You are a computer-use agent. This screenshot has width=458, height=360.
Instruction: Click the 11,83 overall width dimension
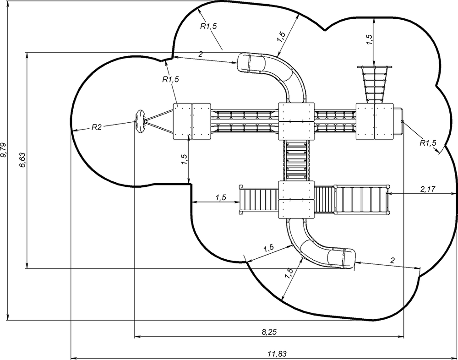(x=277, y=354)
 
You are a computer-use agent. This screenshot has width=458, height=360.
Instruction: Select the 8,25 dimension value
(x=269, y=332)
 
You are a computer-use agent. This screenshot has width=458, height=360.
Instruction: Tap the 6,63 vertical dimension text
(x=23, y=160)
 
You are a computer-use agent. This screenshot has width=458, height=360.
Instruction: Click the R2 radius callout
(x=96, y=127)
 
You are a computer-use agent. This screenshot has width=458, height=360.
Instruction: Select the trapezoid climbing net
(x=375, y=84)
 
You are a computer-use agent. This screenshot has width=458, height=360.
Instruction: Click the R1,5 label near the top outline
(x=208, y=26)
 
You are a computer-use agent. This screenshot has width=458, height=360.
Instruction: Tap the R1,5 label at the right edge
(x=428, y=143)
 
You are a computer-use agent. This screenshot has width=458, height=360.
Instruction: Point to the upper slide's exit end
(x=244, y=63)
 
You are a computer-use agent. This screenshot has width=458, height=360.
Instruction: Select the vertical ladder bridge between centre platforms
(x=296, y=160)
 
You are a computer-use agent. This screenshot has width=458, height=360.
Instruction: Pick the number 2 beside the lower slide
(x=393, y=260)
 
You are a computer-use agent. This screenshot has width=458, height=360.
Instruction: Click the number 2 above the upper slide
(x=201, y=54)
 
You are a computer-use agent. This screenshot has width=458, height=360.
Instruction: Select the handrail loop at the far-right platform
(x=398, y=121)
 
